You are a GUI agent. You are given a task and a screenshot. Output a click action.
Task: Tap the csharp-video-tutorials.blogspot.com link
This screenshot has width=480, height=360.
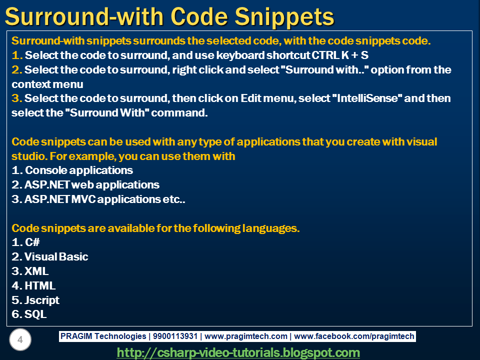click(238, 352)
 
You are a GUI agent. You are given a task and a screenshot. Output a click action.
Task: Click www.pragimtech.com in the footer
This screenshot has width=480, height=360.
click(246, 336)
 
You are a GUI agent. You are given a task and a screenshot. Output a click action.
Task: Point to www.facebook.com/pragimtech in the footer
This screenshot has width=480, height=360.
click(354, 336)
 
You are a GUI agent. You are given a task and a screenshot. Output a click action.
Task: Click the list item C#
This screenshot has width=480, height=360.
click(32, 242)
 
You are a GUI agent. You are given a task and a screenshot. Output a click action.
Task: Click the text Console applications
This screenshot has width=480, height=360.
click(79, 170)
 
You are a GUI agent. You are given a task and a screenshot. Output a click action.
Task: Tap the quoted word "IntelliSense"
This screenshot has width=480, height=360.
click(367, 98)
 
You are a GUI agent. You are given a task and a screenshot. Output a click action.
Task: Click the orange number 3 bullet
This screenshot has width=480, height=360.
click(15, 98)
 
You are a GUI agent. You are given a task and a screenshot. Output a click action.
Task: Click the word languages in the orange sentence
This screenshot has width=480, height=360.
click(269, 228)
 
